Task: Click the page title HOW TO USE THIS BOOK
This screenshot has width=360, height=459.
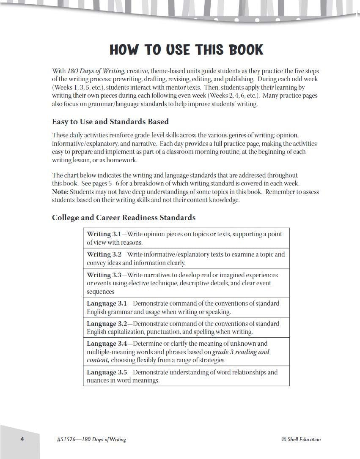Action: [x=187, y=50]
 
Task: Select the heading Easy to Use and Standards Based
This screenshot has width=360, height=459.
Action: [x=110, y=122]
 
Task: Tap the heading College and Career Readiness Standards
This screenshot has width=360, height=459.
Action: [x=124, y=218]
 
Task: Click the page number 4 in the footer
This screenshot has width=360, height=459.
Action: [x=22, y=439]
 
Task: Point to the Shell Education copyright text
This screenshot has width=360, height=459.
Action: [x=301, y=440]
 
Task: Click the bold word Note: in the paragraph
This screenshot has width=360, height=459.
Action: [x=60, y=192]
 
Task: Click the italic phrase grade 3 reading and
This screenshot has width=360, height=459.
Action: [x=241, y=352]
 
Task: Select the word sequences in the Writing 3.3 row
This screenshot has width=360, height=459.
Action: [x=101, y=292]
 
